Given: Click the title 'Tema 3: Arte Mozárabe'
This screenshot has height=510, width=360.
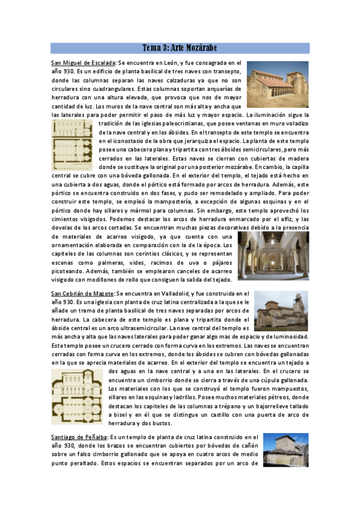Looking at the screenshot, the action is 180,48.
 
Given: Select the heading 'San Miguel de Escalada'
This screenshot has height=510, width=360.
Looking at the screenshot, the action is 84,63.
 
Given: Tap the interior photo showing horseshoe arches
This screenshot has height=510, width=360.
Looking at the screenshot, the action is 272,256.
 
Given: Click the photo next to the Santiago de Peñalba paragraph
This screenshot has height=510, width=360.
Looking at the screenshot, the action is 285,450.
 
